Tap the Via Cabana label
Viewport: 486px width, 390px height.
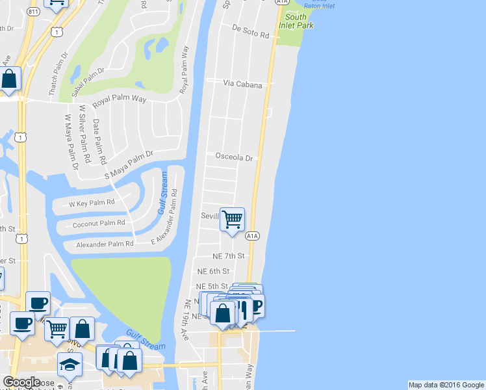pyautogui.click(x=243, y=84)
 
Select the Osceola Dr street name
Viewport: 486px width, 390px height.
pyautogui.click(x=233, y=157)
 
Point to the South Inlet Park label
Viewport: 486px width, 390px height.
pyautogui.click(x=296, y=21)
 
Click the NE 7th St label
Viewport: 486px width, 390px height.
pyautogui.click(x=228, y=256)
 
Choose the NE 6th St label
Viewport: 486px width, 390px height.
pyautogui.click(x=214, y=271)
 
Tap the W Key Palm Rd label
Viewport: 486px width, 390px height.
pyautogui.click(x=92, y=203)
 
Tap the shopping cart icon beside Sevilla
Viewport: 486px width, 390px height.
pyautogui.click(x=232, y=219)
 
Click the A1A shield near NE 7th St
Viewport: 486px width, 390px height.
pyautogui.click(x=253, y=236)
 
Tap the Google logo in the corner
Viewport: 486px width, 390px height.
pyautogui.click(x=21, y=382)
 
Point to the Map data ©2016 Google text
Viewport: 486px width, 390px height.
pyautogui.click(x=446, y=385)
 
